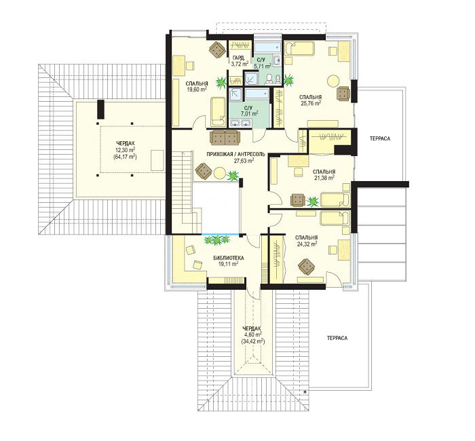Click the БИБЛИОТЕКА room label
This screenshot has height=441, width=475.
point(229,258)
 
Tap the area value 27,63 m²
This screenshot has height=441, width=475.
point(244,161)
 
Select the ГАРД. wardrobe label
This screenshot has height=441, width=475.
point(240,58)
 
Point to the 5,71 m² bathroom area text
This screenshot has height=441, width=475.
point(263,64)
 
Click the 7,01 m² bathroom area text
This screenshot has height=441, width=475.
point(249,113)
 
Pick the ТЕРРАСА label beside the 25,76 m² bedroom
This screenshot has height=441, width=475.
point(380,138)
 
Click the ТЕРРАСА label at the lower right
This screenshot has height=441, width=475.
point(337,338)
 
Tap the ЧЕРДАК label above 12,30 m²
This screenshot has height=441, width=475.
point(125,143)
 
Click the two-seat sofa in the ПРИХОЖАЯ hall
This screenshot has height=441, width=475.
point(225,138)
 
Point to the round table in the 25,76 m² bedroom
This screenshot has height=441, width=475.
point(334,81)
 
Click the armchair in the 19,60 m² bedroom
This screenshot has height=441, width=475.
point(217,50)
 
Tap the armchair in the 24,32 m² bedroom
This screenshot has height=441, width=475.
point(306,267)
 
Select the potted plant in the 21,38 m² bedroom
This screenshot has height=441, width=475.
point(312,201)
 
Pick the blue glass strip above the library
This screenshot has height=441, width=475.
point(220,234)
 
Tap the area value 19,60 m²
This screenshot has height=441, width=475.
point(197,90)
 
